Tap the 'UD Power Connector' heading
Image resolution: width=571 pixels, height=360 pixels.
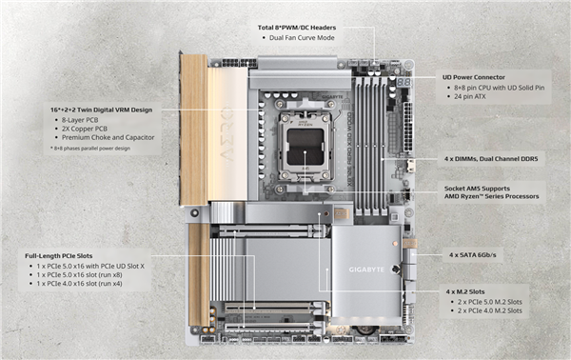(x=481, y=76)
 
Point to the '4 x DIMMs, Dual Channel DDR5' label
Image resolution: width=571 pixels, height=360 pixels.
(x=492, y=157)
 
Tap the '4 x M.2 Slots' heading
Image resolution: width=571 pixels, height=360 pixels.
(x=472, y=290)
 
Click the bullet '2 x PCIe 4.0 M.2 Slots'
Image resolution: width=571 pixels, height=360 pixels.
(x=488, y=310)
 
